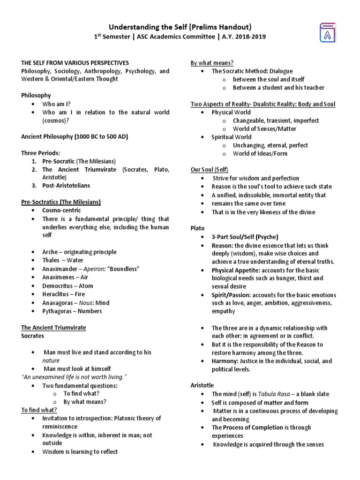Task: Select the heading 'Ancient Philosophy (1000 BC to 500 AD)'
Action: [x=75, y=136]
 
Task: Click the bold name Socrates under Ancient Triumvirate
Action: [x=33, y=336]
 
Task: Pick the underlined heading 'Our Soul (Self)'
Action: [x=209, y=170]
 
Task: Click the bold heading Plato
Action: [x=197, y=228]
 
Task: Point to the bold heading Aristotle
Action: [x=202, y=385]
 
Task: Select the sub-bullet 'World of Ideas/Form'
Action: [x=260, y=153]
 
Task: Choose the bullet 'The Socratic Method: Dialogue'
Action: [x=252, y=71]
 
